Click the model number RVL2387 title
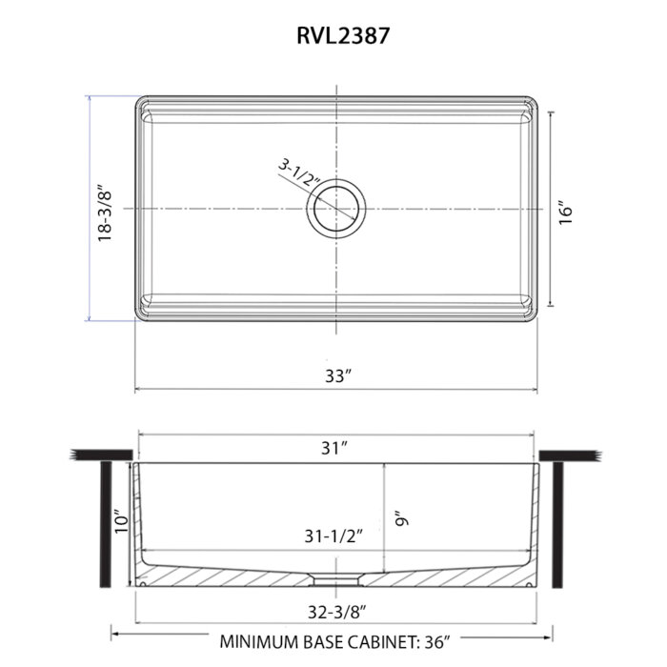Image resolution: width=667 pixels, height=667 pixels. tap(343, 35)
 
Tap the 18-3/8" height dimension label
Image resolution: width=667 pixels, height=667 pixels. tap(105, 213)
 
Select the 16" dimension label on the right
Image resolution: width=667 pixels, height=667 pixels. tap(566, 212)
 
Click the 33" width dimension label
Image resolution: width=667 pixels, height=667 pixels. tap(338, 375)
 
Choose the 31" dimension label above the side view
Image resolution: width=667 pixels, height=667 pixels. tap(334, 448)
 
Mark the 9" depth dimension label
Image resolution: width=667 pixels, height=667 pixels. tap(401, 518)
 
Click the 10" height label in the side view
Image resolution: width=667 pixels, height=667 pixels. tap(122, 520)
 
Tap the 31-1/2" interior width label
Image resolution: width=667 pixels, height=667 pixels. tap(333, 536)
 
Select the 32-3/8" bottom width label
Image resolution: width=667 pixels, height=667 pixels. tap(337, 612)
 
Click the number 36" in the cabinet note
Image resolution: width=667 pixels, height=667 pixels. tap(436, 642)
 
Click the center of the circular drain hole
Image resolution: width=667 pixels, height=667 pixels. tap(336, 209)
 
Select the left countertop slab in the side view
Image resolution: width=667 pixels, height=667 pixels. tap(102, 455)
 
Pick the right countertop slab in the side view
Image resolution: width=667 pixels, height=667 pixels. tap(570, 455)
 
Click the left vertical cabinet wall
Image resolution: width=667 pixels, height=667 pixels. tap(106, 524)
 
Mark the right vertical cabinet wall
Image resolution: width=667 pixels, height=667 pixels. tap(557, 525)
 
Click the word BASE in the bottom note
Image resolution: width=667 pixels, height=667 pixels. tap(324, 642)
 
